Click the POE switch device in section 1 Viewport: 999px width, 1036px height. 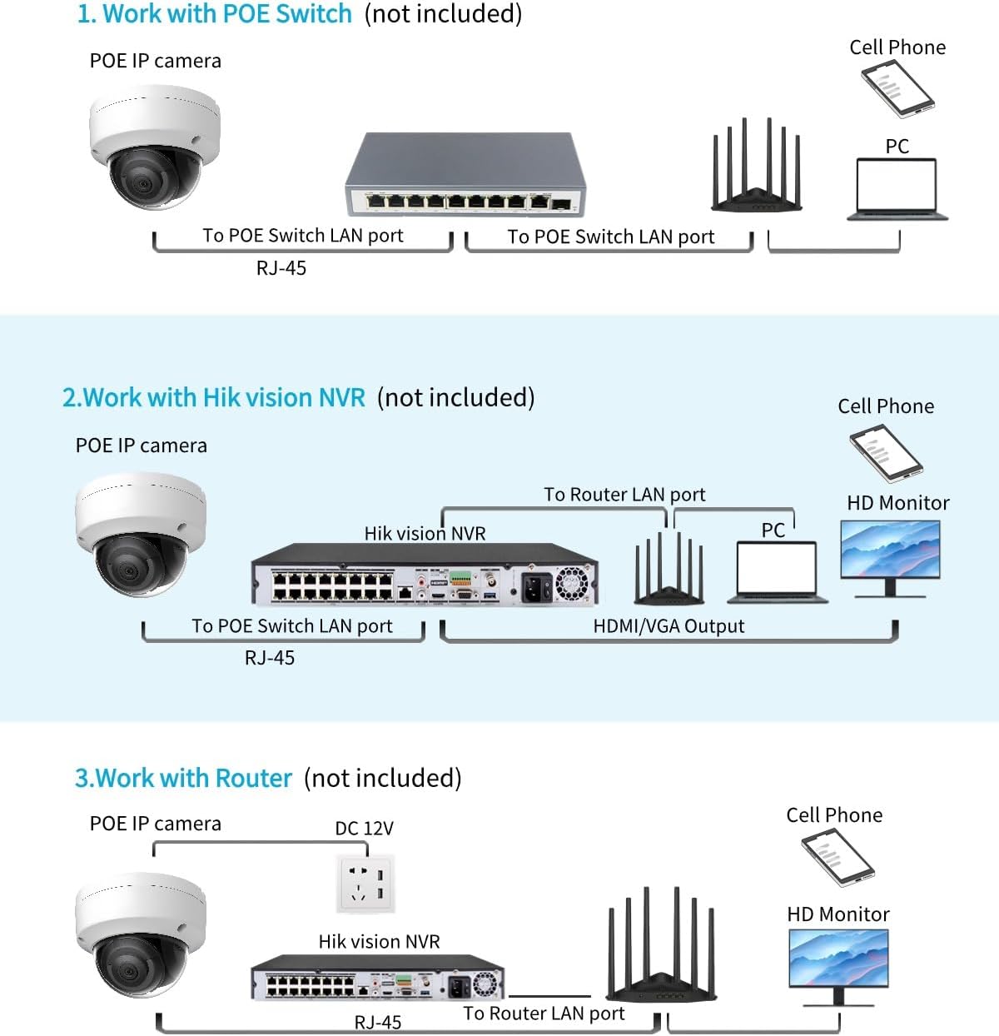tap(465, 175)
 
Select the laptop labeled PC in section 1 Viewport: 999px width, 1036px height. tap(897, 189)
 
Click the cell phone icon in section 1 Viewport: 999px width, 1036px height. tap(897, 87)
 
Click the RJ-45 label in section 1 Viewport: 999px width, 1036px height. tap(281, 268)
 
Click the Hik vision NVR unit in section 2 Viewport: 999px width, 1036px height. tap(425, 574)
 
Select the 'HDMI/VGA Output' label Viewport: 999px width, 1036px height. tap(668, 626)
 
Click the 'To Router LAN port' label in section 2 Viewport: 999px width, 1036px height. tap(624, 495)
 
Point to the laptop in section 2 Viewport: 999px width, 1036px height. tap(777, 571)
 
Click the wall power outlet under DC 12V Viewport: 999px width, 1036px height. tap(366, 883)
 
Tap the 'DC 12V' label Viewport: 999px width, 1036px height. tap(364, 829)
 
